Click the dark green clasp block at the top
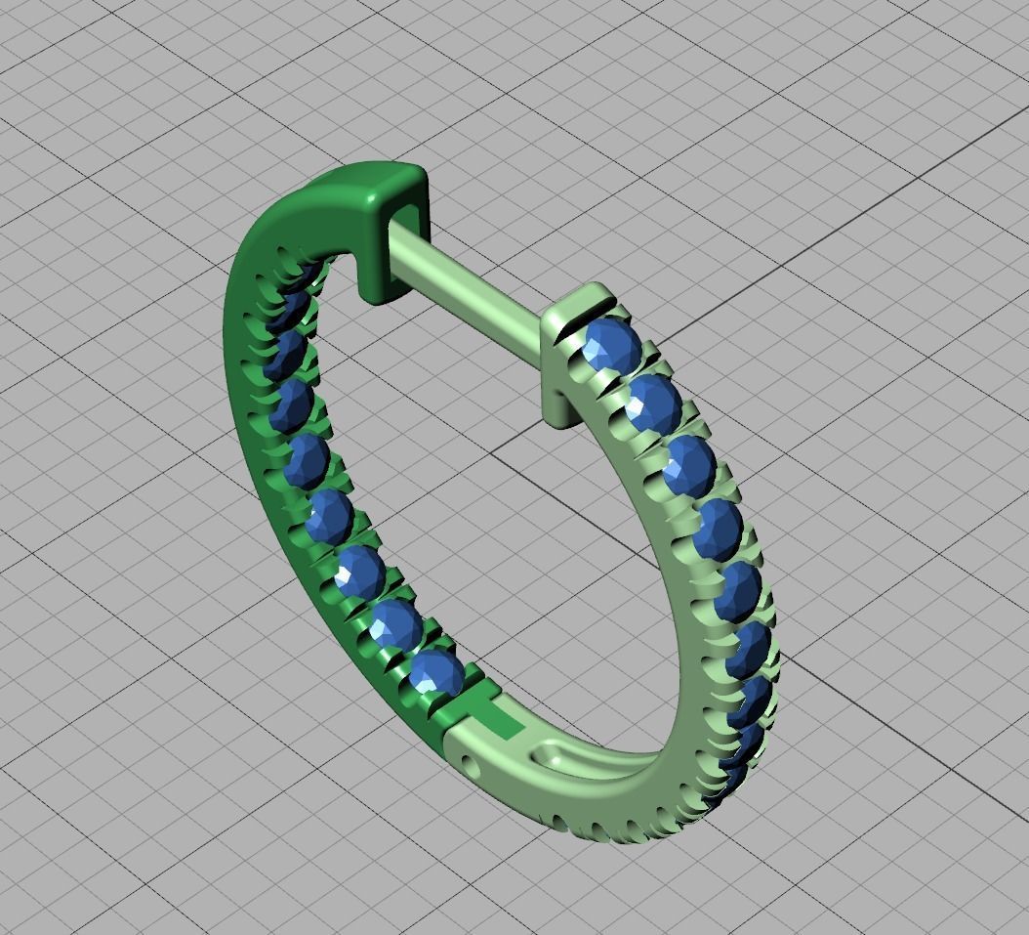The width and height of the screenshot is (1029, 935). coord(391,195)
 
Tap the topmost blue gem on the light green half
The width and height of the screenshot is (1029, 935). coord(612,344)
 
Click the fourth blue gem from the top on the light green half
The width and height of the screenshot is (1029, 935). coord(720,529)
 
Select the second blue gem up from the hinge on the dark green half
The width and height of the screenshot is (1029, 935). coord(394,624)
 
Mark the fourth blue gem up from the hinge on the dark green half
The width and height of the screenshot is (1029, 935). coord(329,515)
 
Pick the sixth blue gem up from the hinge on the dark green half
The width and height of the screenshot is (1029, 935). coord(292,404)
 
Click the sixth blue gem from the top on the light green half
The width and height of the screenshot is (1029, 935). coord(752,645)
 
